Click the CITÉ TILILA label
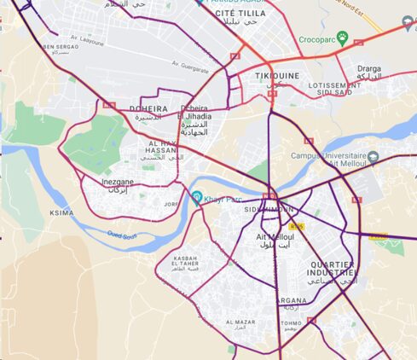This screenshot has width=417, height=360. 240,15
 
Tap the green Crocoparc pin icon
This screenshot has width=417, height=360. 342,38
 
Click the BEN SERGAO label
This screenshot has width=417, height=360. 60,47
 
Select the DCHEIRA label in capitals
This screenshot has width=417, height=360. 148,109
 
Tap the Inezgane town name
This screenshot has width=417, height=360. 118,182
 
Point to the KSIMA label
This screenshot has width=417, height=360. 61,213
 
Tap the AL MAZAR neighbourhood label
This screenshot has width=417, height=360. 240,322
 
